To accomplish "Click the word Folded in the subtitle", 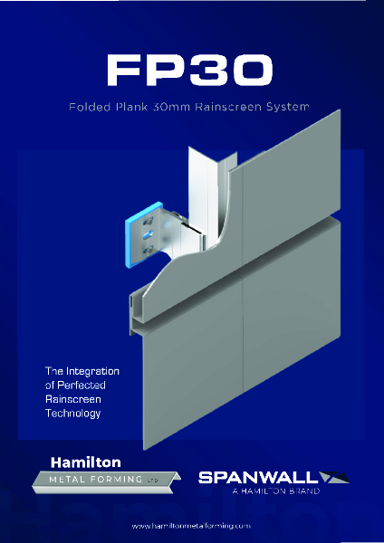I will (x=89, y=107).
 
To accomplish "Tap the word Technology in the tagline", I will (x=72, y=414).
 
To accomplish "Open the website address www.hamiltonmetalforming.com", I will (x=191, y=525).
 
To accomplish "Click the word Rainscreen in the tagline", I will (x=71, y=399).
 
